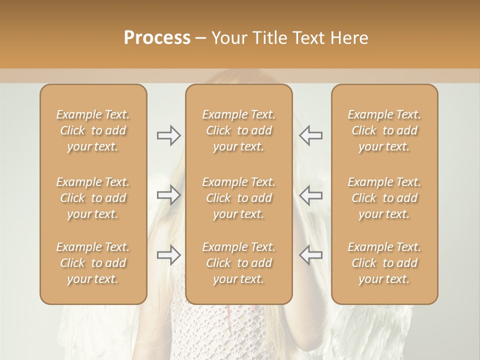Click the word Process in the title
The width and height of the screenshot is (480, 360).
point(157,38)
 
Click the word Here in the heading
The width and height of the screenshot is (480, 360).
point(349,38)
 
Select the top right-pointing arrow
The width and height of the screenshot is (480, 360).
point(168,135)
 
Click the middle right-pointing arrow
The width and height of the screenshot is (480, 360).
point(168,195)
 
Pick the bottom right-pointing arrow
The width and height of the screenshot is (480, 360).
point(168,255)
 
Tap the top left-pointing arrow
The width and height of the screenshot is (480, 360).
point(311,135)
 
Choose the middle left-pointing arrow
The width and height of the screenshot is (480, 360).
point(311,195)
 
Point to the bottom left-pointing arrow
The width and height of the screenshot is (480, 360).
point(311,255)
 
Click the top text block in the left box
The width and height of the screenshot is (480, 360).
point(93,130)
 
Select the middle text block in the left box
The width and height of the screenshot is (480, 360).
point(93,198)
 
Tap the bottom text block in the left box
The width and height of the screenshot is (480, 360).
point(93,263)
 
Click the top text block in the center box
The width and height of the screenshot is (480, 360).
point(239,130)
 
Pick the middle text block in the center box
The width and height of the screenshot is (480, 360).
point(239,198)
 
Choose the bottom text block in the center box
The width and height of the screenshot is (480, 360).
point(239,263)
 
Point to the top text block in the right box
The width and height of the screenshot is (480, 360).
point(384,130)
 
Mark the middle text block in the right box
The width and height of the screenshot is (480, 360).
point(384,198)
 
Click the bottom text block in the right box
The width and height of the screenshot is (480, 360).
point(384,263)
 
